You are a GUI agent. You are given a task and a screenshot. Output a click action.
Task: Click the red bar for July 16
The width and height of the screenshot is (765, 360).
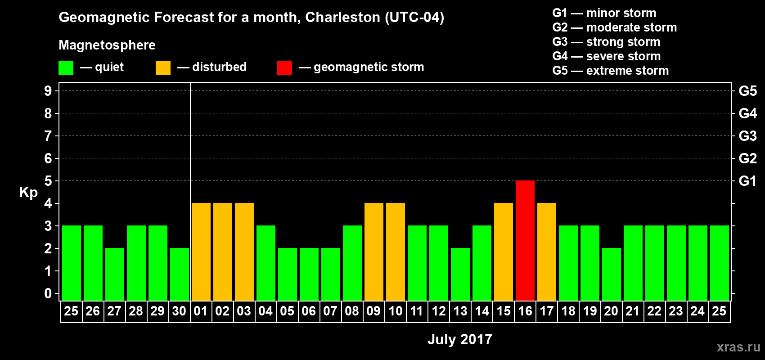525,240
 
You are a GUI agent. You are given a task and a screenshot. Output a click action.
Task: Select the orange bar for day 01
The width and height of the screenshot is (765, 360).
201,252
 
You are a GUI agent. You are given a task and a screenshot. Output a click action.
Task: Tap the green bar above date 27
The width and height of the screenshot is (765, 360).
115,274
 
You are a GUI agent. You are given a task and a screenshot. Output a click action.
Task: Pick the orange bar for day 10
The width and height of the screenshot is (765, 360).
396,252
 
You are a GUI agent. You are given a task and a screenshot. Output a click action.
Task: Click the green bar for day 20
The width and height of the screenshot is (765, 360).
612,274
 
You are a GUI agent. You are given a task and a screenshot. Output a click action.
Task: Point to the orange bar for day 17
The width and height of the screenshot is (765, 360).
547,252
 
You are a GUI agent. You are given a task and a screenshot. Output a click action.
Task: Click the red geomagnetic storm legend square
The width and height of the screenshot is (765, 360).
284,68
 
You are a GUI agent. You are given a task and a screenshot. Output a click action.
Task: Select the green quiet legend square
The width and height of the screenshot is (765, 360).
66,68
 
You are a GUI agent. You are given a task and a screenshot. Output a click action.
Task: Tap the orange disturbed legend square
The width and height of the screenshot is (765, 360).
163,68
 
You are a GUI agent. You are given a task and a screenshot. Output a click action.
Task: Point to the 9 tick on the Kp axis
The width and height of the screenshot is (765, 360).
48,91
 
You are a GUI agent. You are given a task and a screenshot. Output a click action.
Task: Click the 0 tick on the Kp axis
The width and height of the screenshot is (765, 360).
48,293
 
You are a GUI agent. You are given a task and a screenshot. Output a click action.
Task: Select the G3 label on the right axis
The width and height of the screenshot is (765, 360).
747,136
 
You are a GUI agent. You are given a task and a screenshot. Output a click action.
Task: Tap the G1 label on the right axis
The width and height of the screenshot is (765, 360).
747,181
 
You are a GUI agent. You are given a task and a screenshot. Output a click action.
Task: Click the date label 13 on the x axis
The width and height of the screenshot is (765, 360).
460,311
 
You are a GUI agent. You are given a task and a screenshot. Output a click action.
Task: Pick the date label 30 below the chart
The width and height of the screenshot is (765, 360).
179,311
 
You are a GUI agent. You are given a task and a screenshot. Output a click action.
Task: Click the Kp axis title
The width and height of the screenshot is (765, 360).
28,193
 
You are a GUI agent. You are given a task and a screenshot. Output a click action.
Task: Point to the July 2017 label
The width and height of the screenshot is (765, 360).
459,339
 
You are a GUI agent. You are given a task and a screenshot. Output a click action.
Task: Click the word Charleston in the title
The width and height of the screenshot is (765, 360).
342,17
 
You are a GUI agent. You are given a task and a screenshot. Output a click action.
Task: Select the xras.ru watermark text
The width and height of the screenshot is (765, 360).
738,347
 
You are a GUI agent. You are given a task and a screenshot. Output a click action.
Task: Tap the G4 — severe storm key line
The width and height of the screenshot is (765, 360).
606,56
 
